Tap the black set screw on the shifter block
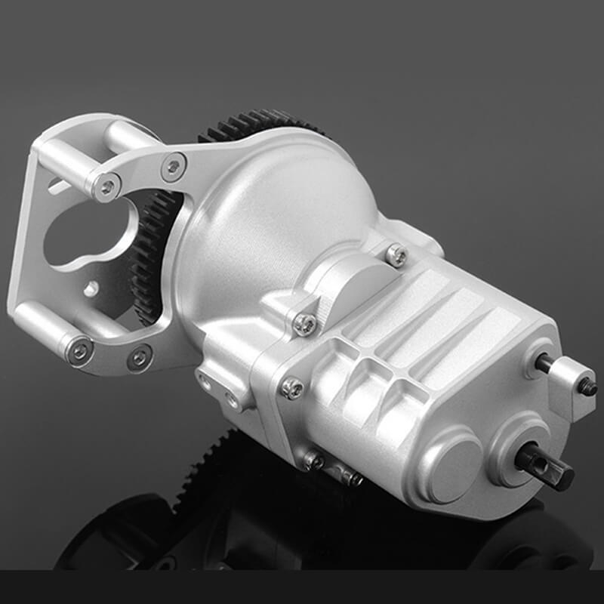coord(587,387)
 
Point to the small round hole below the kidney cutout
coord(91,288)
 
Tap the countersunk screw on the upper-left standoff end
coord(108,184)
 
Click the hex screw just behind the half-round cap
coord(396,254)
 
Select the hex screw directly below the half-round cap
coord(304,323)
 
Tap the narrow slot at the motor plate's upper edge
coord(57,183)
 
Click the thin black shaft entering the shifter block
coord(543,364)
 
